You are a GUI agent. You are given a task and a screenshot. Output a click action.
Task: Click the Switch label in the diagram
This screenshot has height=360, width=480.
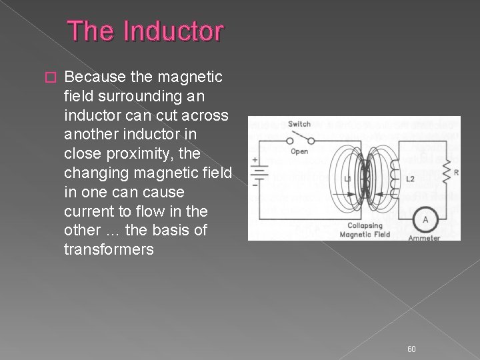299,124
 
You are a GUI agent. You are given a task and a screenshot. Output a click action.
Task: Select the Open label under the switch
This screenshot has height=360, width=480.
299,151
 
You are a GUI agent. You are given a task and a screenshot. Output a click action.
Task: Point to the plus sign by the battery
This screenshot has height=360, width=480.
255,159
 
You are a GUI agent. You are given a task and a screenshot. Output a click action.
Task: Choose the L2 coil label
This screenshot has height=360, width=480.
410,179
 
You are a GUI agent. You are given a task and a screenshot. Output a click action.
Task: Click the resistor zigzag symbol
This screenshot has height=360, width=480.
446,172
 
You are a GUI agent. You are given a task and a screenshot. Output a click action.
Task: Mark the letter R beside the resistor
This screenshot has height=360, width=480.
455,172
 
